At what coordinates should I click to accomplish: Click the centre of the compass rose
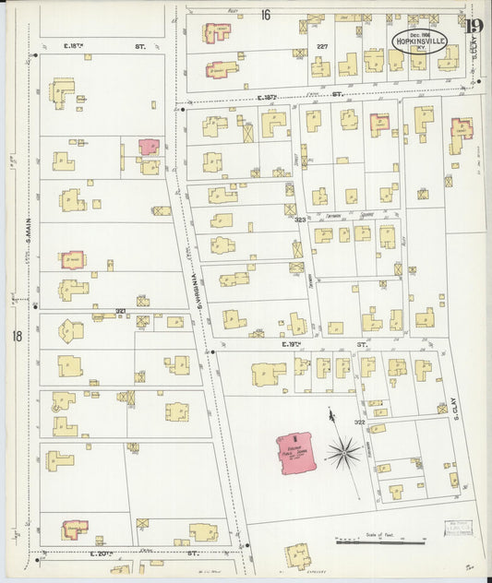click(343, 451)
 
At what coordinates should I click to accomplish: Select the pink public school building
click(296, 451)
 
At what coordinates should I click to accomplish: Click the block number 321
click(120, 311)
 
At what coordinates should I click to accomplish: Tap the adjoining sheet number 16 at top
click(266, 15)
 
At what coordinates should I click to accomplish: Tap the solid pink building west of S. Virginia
click(149, 147)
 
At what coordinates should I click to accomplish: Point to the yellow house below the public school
click(297, 555)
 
